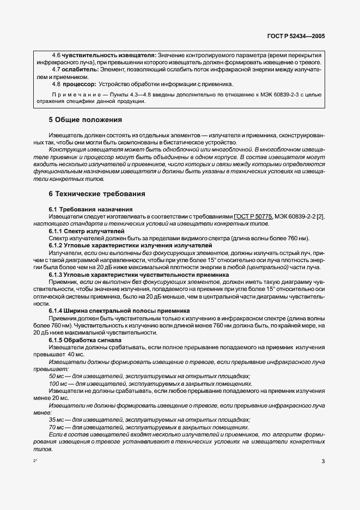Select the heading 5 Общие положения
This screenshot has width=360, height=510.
click(x=86, y=119)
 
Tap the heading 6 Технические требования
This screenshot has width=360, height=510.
click(x=97, y=194)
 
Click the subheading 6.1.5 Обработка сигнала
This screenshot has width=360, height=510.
click(x=85, y=340)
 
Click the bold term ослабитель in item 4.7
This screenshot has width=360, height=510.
click(x=81, y=70)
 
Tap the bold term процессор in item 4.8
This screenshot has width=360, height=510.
click(x=80, y=84)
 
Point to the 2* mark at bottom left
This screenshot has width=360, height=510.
click(x=36, y=462)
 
